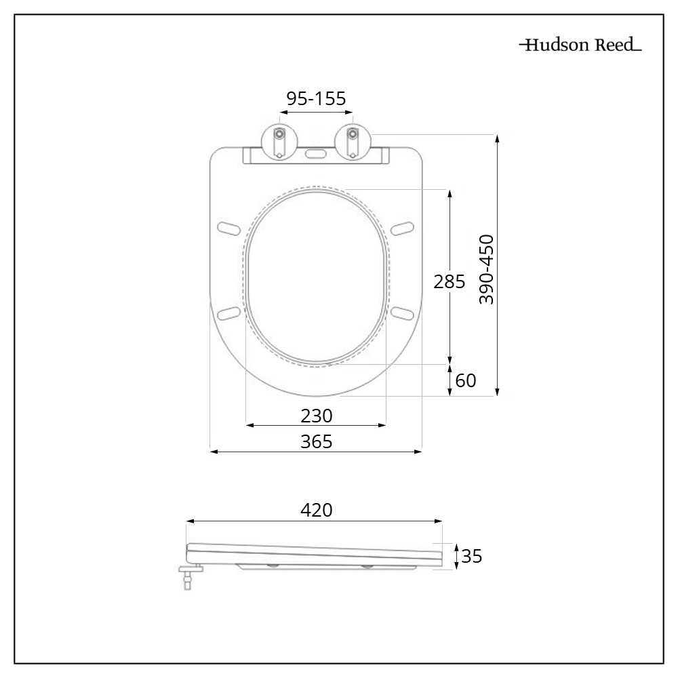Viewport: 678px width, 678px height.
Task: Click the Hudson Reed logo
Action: coord(580,46)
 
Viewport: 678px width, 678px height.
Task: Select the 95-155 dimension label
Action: coord(316,98)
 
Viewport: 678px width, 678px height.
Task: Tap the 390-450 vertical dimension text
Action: coord(486,269)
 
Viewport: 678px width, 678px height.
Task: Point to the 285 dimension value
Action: coord(450,281)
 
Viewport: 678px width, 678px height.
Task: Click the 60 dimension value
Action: coord(465,381)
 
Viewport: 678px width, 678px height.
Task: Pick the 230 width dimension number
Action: coord(316,414)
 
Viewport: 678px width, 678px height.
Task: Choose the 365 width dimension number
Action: coord(316,441)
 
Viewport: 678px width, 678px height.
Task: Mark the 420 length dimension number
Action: coord(316,511)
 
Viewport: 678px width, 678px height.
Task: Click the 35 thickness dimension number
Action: coord(471,557)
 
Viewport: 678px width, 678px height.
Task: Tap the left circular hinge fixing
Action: coord(279,142)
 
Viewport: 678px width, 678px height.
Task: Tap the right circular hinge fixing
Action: coord(352,142)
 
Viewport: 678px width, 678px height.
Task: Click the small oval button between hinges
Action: coord(315,153)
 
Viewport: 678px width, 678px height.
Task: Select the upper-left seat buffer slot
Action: coord(228,226)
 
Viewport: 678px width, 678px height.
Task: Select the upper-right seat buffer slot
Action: coord(403,226)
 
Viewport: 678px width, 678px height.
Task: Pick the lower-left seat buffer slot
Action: coord(228,312)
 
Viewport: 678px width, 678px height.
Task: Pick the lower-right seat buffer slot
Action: coord(403,312)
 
